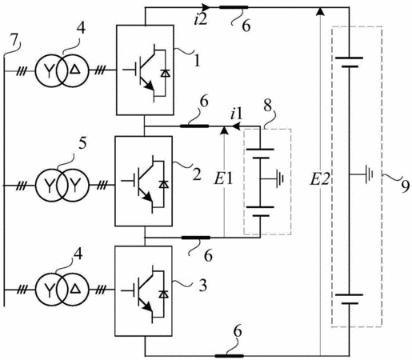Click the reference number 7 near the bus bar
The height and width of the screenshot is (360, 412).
click(14, 41)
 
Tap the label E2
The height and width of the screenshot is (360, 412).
click(319, 179)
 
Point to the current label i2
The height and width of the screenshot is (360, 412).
click(201, 20)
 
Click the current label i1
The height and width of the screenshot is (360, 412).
click(237, 114)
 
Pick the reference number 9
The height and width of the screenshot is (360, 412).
click(404, 186)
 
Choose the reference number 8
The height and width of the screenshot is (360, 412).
click(267, 106)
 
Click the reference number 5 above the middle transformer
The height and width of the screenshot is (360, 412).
click(82, 144)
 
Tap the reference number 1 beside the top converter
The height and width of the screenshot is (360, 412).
click(197, 61)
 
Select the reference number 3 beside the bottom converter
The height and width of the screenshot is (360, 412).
click(203, 286)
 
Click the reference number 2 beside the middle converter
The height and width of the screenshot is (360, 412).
click(197, 175)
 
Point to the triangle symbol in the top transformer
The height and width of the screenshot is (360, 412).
click(75, 70)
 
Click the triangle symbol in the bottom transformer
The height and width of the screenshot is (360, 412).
click(74, 289)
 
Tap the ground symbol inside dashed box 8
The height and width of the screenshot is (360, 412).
click(279, 178)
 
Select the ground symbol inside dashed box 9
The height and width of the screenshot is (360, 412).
click(369, 174)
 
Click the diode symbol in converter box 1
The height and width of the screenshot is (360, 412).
click(166, 73)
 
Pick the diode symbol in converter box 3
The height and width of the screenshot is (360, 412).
click(163, 294)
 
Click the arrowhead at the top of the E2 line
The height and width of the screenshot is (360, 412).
click(319, 11)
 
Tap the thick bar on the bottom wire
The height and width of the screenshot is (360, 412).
click(229, 356)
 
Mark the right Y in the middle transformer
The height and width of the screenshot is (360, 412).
click(74, 186)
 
